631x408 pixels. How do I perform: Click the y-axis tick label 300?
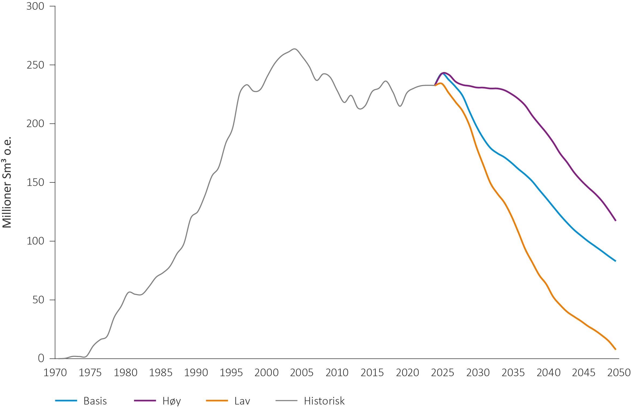(x=35, y=6)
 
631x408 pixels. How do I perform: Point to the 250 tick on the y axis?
(x=35, y=65)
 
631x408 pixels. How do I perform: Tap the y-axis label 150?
(x=35, y=182)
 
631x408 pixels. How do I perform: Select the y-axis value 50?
(x=38, y=300)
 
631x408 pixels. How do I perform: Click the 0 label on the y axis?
(x=41, y=358)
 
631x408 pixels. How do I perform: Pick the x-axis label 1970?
(x=55, y=373)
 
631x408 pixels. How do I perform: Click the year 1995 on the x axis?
(x=231, y=373)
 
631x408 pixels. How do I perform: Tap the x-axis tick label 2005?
(x=302, y=373)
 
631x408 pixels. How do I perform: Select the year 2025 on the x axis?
(x=442, y=373)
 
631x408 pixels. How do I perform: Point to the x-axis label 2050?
(x=619, y=373)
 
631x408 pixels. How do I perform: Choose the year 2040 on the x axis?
(x=548, y=373)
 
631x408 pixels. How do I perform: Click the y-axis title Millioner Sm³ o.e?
(x=7, y=182)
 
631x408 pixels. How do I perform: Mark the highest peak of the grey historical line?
(x=294, y=49)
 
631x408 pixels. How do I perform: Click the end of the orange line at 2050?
(x=615, y=349)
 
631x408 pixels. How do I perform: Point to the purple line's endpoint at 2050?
(x=615, y=221)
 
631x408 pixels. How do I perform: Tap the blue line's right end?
(x=615, y=261)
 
